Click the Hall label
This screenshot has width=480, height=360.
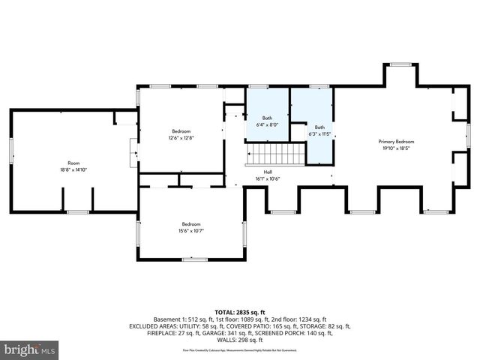tap(267, 172)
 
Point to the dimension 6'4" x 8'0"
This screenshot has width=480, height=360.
tap(267, 124)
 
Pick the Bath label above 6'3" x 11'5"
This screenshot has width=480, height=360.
tap(319, 127)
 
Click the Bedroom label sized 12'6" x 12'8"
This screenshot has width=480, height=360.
tap(181, 131)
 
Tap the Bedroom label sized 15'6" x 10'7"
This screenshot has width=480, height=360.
tap(192, 223)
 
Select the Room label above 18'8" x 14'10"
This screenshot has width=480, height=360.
tap(73, 163)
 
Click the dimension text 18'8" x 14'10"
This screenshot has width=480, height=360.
tap(73, 169)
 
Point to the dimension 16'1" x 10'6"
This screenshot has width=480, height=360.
tap(267, 178)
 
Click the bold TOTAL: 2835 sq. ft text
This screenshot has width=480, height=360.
tap(240, 312)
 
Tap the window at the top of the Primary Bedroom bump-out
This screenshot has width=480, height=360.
tap(400, 65)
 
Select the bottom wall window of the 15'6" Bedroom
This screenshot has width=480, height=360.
tap(193, 259)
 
